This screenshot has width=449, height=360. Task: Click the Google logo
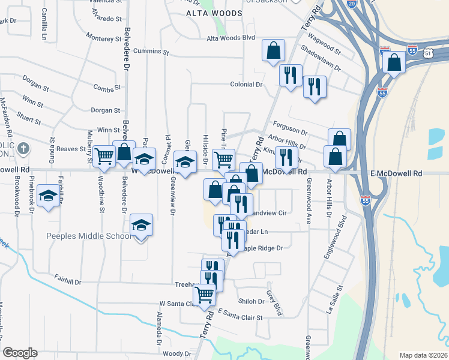20,353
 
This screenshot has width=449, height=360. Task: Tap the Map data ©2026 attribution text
423,355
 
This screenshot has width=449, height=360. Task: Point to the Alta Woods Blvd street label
231,38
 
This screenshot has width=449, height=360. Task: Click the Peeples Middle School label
89,236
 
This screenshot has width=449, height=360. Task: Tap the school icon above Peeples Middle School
141,225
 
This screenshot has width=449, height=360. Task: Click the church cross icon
23,148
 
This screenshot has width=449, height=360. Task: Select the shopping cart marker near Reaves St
105,157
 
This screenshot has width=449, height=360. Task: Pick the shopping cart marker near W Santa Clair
204,295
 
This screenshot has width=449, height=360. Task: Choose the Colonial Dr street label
247,85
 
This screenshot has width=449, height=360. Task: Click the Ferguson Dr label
290,131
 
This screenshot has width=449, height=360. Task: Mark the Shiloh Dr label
252,301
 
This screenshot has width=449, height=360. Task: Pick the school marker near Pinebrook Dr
48,196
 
